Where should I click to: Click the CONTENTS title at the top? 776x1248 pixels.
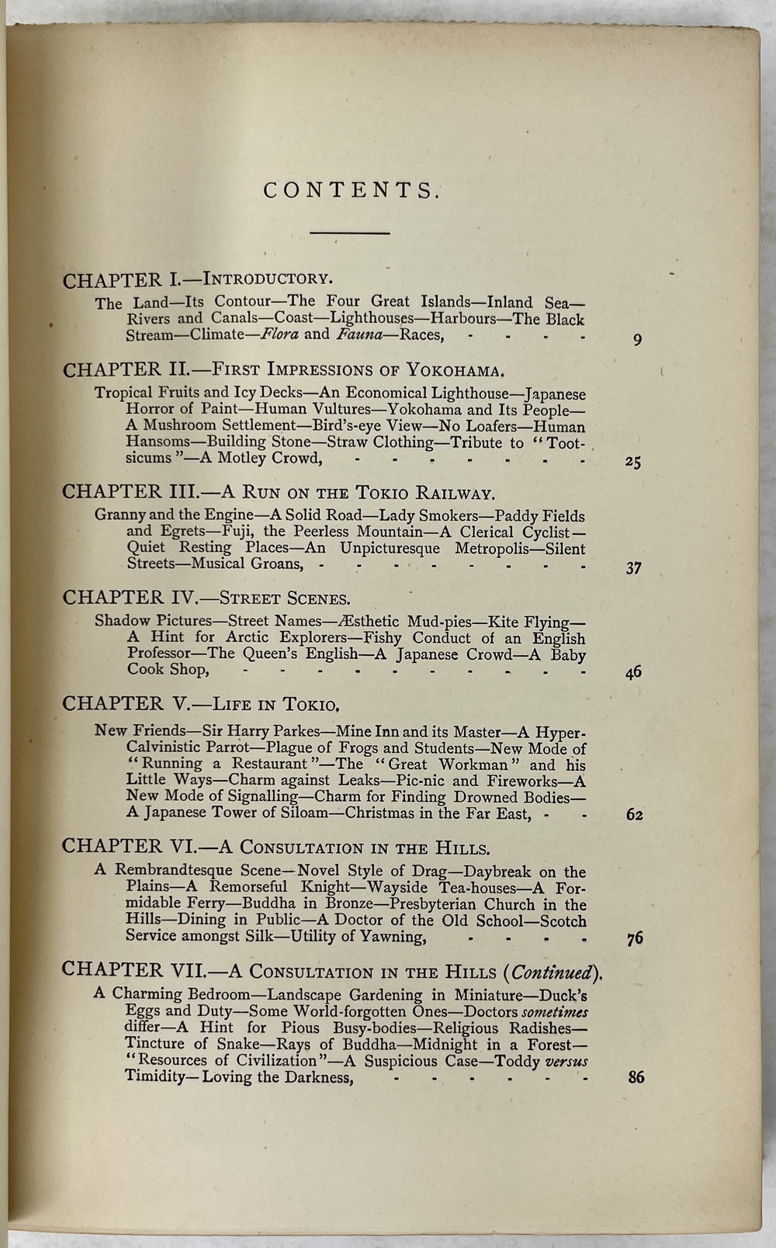pos(352,190)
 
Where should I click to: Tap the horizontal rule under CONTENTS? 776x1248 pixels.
pos(350,233)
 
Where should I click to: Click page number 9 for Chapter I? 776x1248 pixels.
pos(637,339)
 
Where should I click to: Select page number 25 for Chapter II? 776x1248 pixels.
pos(632,462)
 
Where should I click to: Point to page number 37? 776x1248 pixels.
pos(633,567)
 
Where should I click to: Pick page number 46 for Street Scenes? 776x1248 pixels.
pos(633,673)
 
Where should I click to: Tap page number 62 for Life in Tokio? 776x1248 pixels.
pos(634,815)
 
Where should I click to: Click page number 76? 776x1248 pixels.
pos(635,938)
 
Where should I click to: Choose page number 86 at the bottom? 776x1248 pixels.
pos(636,1077)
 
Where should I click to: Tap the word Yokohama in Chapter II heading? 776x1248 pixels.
pos(442,369)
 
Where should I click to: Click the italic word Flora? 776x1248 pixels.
pos(279,335)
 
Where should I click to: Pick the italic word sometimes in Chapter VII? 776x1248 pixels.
pos(554,1011)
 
